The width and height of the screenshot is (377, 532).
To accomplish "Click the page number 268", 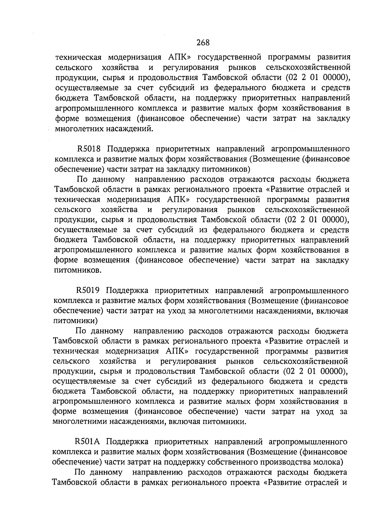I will [203, 42].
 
